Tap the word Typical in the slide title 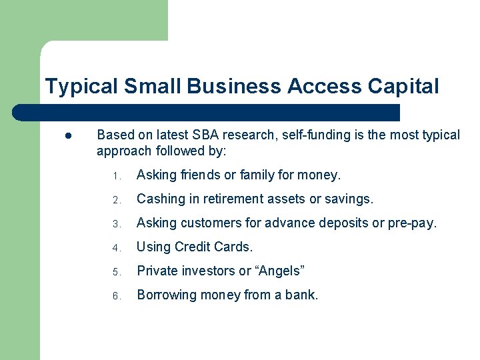pyautogui.click(x=79, y=87)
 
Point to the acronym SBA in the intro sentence pyautogui.click(x=208, y=135)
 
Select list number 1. pyautogui.click(x=115, y=177)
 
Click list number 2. pyautogui.click(x=115, y=201)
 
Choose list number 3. pyautogui.click(x=115, y=225)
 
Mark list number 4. pyautogui.click(x=115, y=249)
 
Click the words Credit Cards pyautogui.click(x=213, y=247)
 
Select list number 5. pyautogui.click(x=115, y=273)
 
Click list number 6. pyautogui.click(x=115, y=297)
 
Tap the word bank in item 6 pyautogui.click(x=301, y=295)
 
